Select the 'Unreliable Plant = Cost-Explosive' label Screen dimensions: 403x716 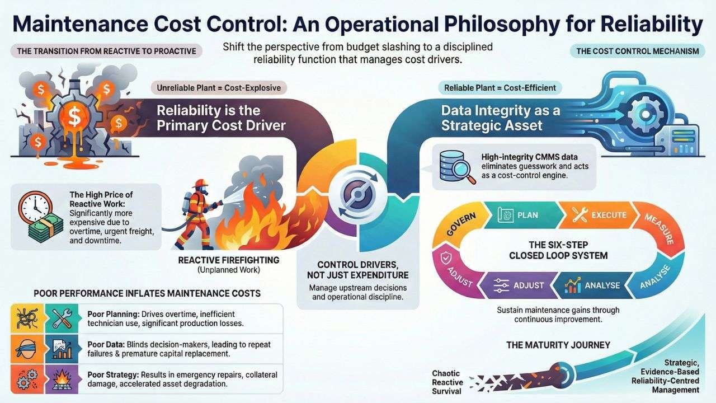[x=219, y=88]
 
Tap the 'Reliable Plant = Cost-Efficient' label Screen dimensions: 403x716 [x=500, y=88]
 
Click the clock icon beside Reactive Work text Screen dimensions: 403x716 [x=33, y=208]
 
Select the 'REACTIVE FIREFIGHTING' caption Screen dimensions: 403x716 [x=228, y=260]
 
